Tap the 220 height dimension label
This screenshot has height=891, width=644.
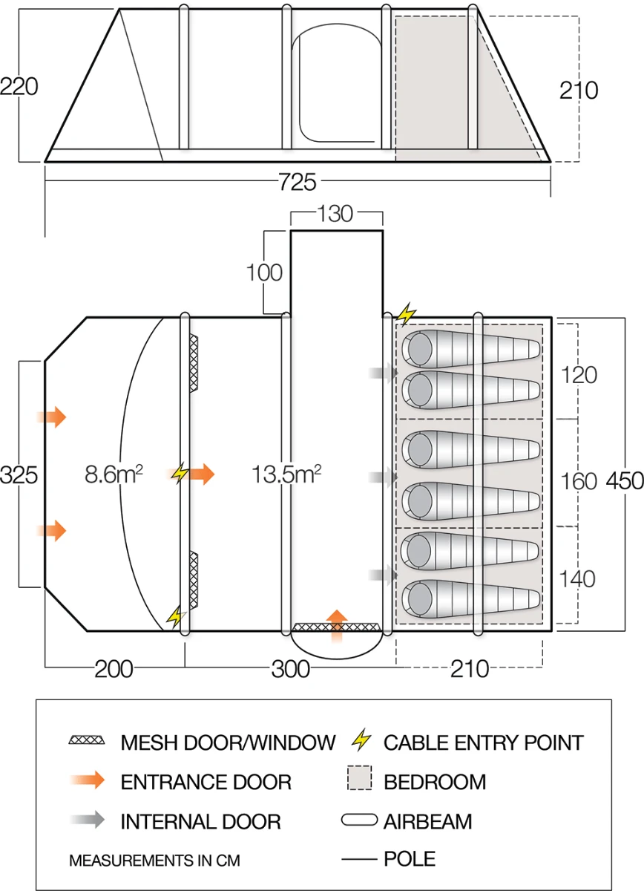coord(19,87)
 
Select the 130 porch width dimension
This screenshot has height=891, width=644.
coord(335,214)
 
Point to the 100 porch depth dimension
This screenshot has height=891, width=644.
coord(265,272)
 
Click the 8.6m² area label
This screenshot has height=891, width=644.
coord(114,474)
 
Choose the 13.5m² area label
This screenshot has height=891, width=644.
coord(289,474)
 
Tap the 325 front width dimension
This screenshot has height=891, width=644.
coord(19,474)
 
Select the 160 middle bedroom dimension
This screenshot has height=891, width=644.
coord(579,481)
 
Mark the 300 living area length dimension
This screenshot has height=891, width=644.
coord(290,669)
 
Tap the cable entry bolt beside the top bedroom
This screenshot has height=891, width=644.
coord(406,315)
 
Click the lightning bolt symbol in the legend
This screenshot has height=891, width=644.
coord(361,741)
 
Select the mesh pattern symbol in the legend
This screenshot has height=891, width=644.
coord(87,741)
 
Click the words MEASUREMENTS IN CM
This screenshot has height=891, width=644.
coord(154,861)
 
